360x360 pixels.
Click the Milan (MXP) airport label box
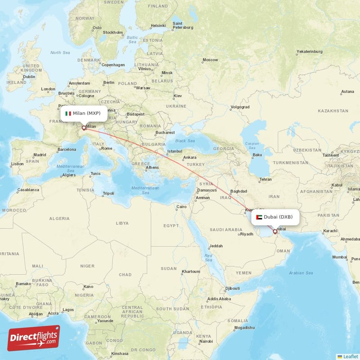point(84,113)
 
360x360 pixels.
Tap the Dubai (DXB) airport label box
point(275,217)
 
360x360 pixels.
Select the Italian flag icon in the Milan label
point(68,113)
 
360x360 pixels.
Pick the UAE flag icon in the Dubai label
point(259,217)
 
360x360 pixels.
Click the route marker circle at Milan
point(84,128)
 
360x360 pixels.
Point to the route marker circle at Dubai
point(275,232)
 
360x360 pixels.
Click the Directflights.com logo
point(34,338)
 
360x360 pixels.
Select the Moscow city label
point(210,60)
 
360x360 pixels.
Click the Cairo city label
point(181,207)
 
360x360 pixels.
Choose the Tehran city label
point(265,180)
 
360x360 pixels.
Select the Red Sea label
point(208,258)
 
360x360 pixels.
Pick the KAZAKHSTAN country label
point(333,111)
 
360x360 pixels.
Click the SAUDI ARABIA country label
point(227,229)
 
